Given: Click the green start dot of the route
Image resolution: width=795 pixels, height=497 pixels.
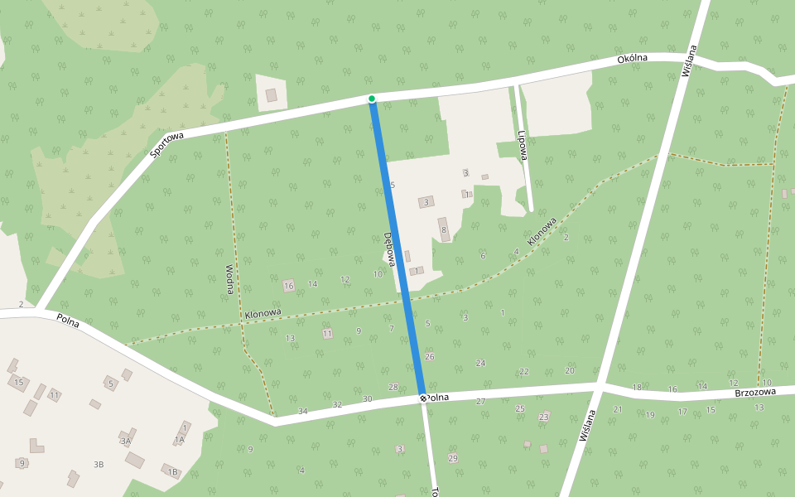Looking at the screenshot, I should pyautogui.click(x=372, y=99).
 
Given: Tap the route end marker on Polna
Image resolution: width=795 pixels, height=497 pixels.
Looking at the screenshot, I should pyautogui.click(x=423, y=398).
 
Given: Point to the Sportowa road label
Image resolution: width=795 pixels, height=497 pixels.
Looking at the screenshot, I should pyautogui.click(x=166, y=143).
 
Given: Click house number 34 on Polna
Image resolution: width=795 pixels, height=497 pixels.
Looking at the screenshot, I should pyautogui.click(x=303, y=411).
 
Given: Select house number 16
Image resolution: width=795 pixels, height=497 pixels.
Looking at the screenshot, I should pyautogui.click(x=288, y=286).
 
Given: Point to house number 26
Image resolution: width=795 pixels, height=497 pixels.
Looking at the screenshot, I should pyautogui.click(x=429, y=356).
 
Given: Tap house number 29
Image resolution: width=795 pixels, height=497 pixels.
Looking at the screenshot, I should pyautogui.click(x=452, y=458).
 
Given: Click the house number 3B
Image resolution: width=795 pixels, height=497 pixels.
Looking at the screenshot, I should pyautogui.click(x=99, y=465).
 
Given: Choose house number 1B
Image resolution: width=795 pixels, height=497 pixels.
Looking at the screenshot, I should pyautogui.click(x=173, y=472).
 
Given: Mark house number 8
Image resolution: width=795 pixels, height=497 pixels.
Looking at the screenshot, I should pyautogui.click(x=444, y=230).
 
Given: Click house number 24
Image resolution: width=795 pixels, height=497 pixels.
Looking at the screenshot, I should pyautogui.click(x=480, y=363).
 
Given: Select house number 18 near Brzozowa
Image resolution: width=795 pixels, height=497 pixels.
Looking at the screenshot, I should pyautogui.click(x=637, y=387).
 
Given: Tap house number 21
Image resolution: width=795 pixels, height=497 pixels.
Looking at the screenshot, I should pyautogui.click(x=618, y=409).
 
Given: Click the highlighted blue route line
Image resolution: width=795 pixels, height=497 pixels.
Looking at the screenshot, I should pyautogui.click(x=398, y=248).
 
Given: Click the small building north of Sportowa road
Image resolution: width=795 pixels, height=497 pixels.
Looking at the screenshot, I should pyautogui.click(x=272, y=95).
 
